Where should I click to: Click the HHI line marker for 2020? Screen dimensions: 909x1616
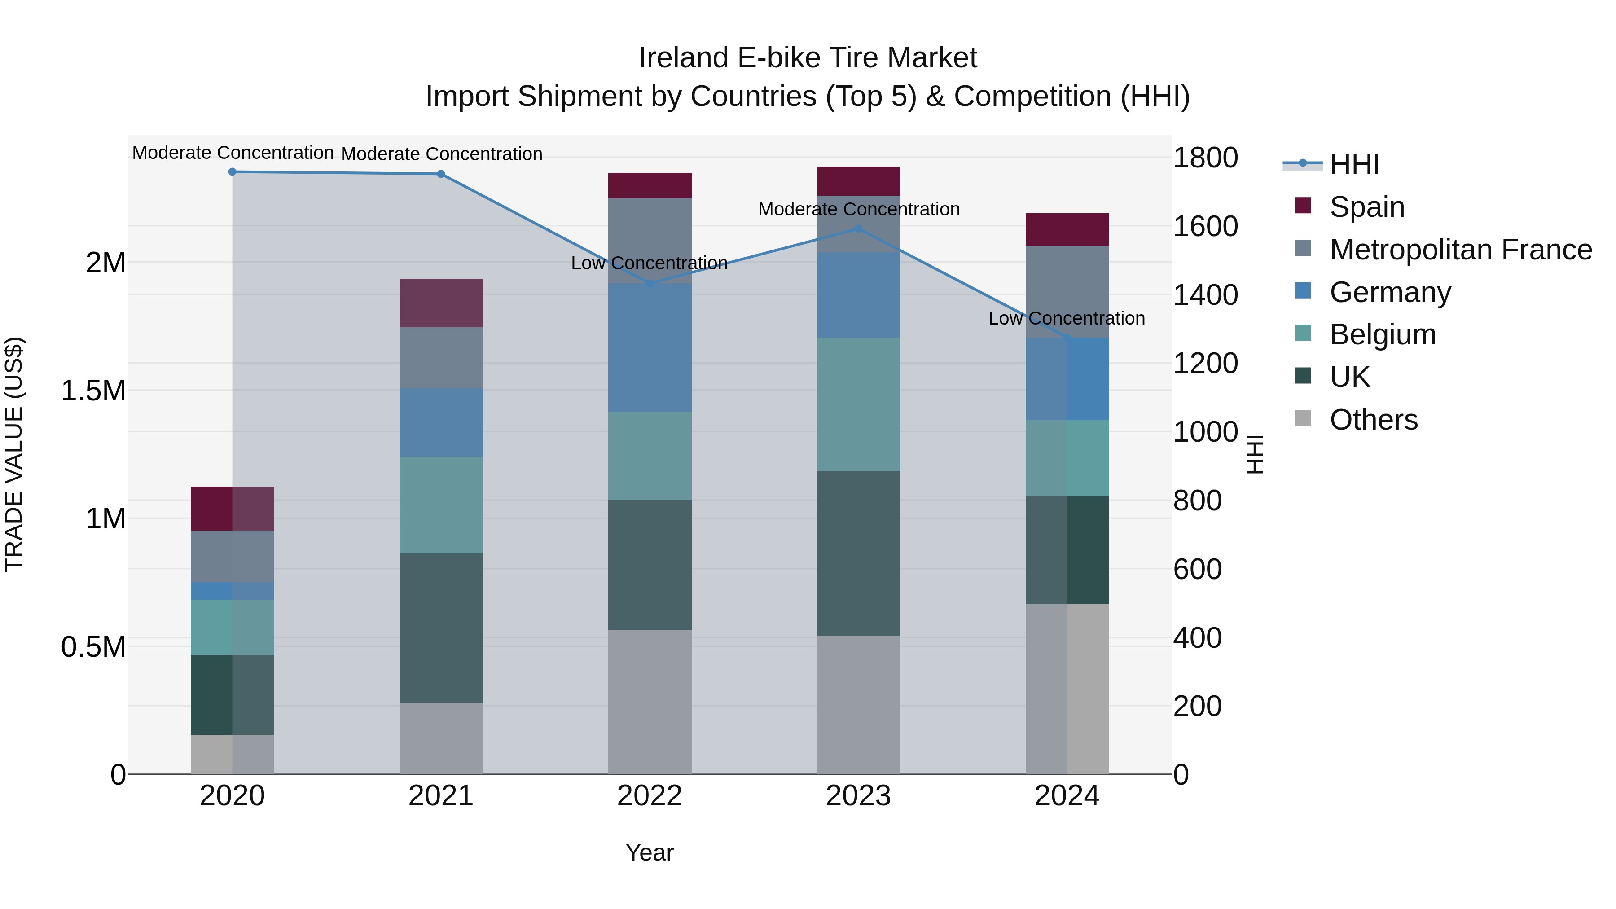[232, 171]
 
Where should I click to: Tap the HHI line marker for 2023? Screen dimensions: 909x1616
[858, 229]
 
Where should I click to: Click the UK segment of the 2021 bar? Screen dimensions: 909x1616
[441, 628]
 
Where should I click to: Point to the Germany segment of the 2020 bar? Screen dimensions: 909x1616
[232, 591]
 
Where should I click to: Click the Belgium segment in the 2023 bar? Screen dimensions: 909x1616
[858, 404]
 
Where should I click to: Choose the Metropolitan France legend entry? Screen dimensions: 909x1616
[1460, 250]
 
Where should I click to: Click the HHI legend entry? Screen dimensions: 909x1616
[1354, 164]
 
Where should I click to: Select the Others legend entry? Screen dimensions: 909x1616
[1373, 420]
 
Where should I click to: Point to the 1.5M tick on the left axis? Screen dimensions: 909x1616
[93, 391]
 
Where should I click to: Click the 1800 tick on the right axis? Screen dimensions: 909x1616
[1205, 158]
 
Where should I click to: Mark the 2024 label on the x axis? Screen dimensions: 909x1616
[1067, 796]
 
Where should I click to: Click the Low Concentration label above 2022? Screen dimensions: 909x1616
[649, 263]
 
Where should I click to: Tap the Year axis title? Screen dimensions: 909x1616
[649, 852]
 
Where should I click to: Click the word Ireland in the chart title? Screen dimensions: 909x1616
[684, 58]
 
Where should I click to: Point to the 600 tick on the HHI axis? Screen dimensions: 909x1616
[1197, 569]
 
